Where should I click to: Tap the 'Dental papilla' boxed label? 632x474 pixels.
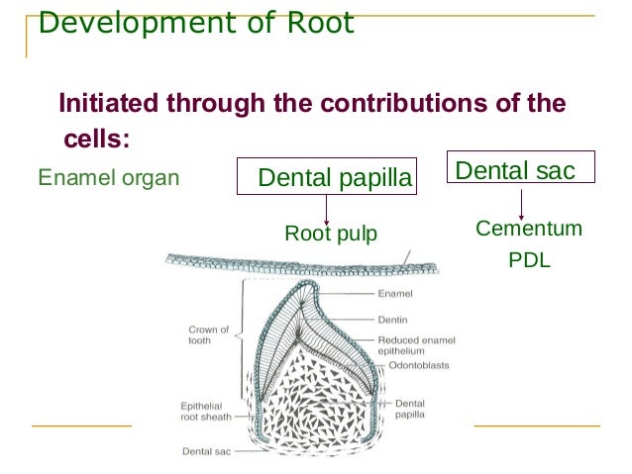(333, 177)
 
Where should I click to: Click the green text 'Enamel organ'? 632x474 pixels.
(108, 178)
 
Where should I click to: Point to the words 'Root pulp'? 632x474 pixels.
(331, 234)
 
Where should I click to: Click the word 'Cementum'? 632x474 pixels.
(528, 230)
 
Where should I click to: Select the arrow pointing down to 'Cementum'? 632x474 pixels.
(521, 203)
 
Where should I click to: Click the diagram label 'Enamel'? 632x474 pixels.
(395, 294)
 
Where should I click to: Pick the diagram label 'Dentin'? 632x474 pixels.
(393, 320)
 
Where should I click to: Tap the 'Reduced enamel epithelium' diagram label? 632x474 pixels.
(416, 344)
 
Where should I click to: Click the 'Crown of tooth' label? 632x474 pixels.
(208, 334)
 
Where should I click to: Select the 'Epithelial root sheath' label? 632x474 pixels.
(206, 411)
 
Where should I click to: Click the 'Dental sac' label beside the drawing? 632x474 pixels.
(206, 450)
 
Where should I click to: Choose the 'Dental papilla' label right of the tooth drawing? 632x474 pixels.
(410, 409)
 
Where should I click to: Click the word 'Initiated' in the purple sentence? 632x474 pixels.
(107, 103)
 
